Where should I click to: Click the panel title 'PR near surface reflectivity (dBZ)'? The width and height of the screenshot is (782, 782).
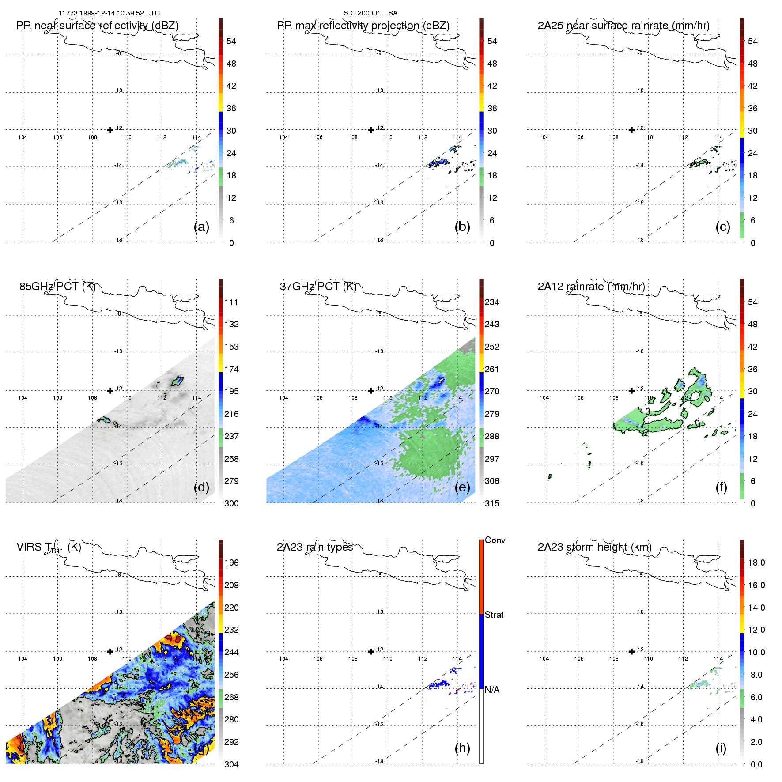pyautogui.click(x=97, y=26)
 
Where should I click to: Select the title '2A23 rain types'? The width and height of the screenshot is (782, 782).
pyautogui.click(x=315, y=547)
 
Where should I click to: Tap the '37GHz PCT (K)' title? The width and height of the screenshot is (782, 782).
pyautogui.click(x=318, y=287)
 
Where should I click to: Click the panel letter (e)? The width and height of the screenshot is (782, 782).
pyautogui.click(x=462, y=487)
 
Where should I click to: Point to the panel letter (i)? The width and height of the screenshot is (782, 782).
pyautogui.click(x=721, y=748)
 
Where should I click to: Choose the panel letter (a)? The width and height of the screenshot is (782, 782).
pyautogui.click(x=201, y=227)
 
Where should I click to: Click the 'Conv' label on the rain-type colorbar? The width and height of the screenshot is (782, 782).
pyautogui.click(x=495, y=540)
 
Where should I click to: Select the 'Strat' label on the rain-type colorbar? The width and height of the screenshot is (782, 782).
pyautogui.click(x=494, y=615)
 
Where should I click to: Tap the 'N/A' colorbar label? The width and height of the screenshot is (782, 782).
pyautogui.click(x=492, y=690)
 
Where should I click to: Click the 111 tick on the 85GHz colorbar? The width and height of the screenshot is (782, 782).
pyautogui.click(x=231, y=302)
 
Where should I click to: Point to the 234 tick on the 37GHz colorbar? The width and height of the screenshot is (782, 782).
pyautogui.click(x=492, y=302)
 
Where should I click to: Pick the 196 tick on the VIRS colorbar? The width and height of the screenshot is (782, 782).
pyautogui.click(x=231, y=563)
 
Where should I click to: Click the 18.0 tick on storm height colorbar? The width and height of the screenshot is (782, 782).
pyautogui.click(x=756, y=563)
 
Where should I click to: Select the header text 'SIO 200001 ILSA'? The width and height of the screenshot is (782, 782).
pyautogui.click(x=370, y=13)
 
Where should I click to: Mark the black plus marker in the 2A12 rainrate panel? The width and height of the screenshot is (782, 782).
pyautogui.click(x=631, y=391)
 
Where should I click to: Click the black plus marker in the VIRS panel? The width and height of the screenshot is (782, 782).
pyautogui.click(x=110, y=651)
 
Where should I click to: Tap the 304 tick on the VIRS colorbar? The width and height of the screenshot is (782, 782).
pyautogui.click(x=231, y=764)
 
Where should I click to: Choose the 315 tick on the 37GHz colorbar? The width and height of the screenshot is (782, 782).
pyautogui.click(x=492, y=504)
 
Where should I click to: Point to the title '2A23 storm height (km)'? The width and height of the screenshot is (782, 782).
pyautogui.click(x=594, y=547)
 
